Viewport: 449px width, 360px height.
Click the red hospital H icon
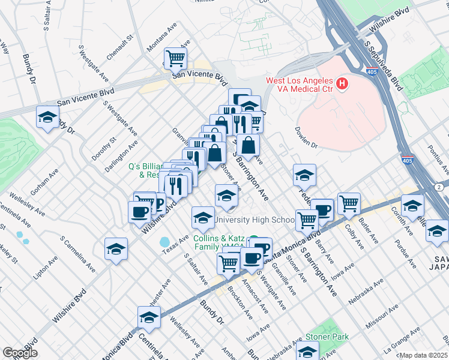click(342, 84)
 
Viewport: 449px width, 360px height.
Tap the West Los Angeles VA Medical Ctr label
click(299, 85)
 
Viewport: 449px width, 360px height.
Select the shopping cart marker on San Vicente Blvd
click(175, 59)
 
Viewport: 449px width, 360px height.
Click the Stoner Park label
click(327, 337)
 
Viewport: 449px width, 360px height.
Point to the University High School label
click(255, 220)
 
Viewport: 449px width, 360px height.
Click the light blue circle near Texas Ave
click(164, 242)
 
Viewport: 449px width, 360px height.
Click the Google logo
click(20, 353)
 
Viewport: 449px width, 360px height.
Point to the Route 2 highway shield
click(439, 188)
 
